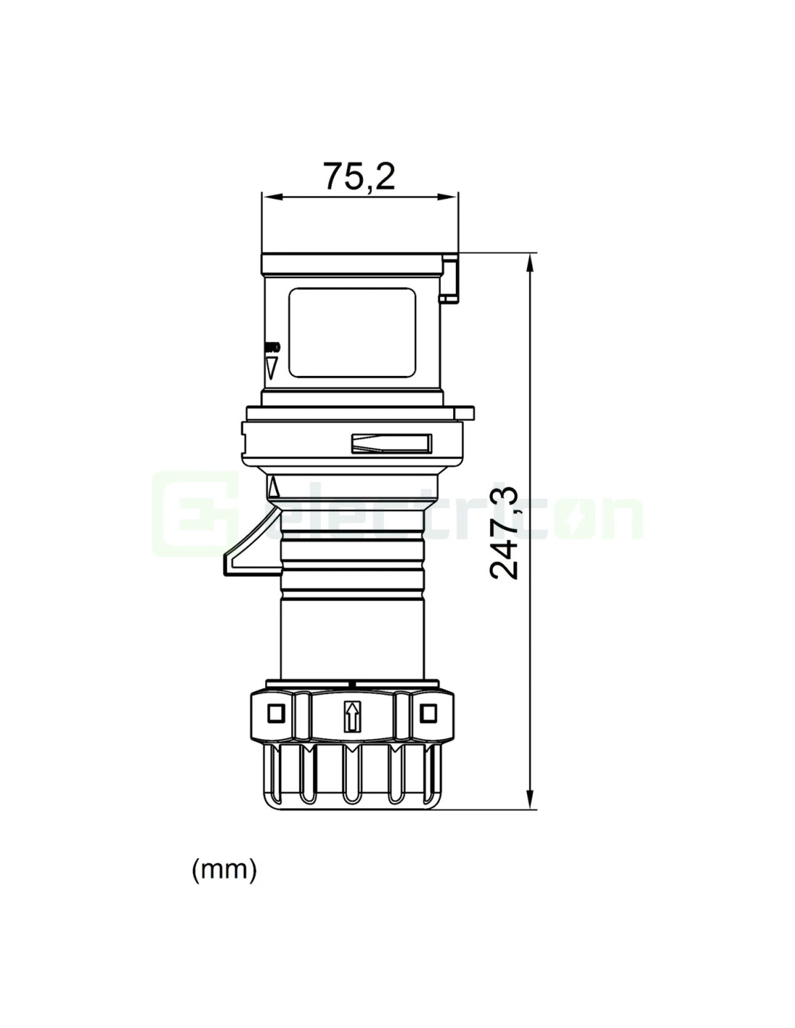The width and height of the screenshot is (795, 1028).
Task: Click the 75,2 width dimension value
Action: (x=358, y=176)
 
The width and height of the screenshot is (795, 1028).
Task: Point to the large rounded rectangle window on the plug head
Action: (x=353, y=333)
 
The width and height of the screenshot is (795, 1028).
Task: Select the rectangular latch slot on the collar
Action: (x=391, y=443)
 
